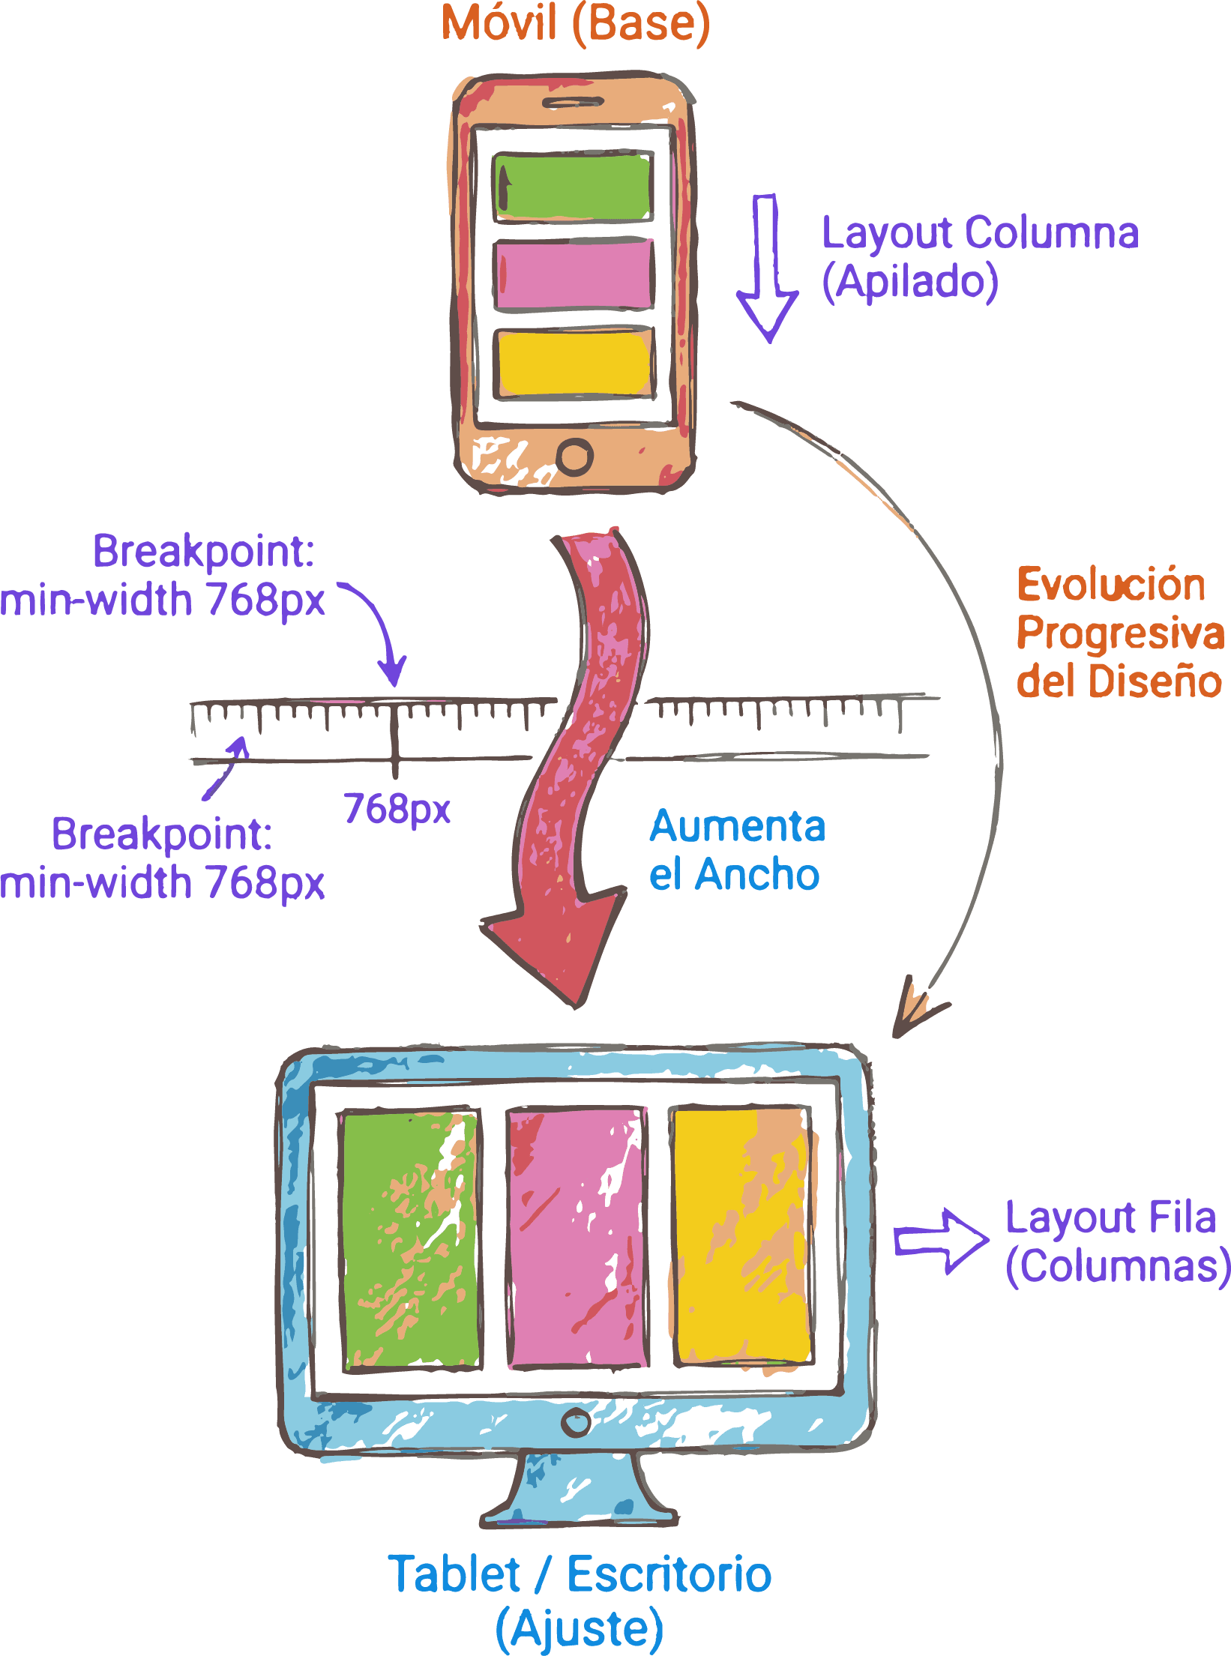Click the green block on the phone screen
click(574, 187)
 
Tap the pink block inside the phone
click(574, 274)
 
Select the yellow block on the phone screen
click(574, 364)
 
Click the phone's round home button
click(575, 456)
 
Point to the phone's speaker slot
click(573, 102)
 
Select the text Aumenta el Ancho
click(736, 851)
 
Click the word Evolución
click(1110, 585)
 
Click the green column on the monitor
click(411, 1238)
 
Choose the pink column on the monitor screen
click(577, 1238)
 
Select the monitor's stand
click(577, 1492)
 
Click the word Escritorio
click(669, 1574)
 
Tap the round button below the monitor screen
click(576, 1422)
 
